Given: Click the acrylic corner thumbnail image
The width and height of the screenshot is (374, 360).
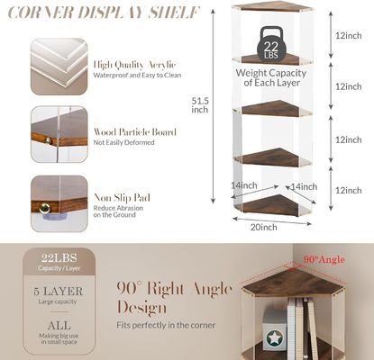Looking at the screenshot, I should [x=59, y=66].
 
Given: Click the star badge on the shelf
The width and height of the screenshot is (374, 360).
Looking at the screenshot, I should [x=272, y=340].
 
